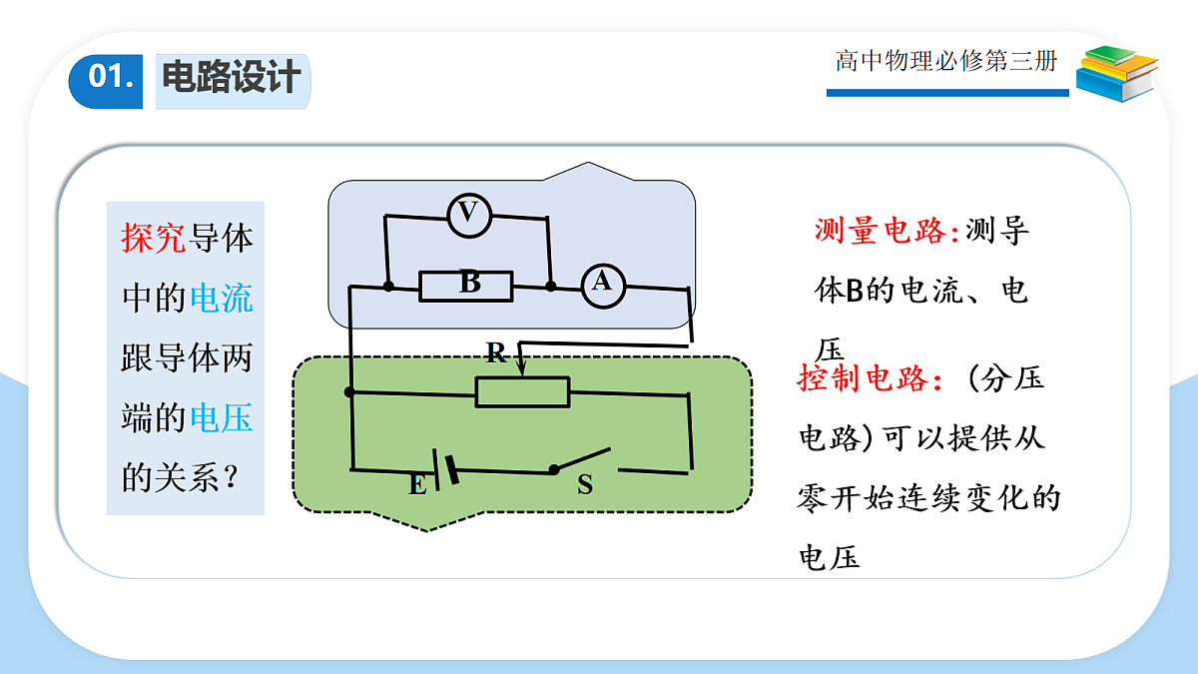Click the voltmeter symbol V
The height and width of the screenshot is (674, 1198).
pyautogui.click(x=469, y=216)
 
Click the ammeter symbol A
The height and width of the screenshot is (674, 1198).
pyautogui.click(x=603, y=287)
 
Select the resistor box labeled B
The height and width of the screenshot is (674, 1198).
pyautogui.click(x=466, y=287)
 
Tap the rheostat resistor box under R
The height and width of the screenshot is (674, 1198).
pyautogui.click(x=522, y=392)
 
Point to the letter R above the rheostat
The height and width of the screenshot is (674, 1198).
pyautogui.click(x=496, y=353)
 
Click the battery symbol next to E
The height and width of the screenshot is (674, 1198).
pyautogui.click(x=445, y=469)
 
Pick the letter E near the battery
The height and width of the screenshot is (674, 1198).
pyautogui.click(x=417, y=485)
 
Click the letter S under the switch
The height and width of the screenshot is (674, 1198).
pyautogui.click(x=585, y=484)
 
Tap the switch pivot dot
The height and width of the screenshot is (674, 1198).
pyautogui.click(x=554, y=470)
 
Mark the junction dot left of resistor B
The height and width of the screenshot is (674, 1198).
pyautogui.click(x=388, y=287)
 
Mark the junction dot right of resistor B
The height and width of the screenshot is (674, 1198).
pyautogui.click(x=551, y=287)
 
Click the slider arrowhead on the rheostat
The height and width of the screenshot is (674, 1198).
pyautogui.click(x=521, y=368)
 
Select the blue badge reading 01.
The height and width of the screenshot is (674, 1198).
pyautogui.click(x=106, y=81)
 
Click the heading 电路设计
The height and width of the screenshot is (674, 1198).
pyautogui.click(x=232, y=78)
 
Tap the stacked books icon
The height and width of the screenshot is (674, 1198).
pyautogui.click(x=1117, y=74)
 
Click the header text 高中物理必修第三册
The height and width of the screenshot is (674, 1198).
pyautogui.click(x=946, y=61)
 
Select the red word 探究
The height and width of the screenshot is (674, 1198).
pyautogui.click(x=154, y=238)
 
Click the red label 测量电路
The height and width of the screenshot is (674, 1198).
pyautogui.click(x=887, y=231)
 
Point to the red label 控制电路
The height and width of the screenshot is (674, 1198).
pyautogui.click(x=870, y=378)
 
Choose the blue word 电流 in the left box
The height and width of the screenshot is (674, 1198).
pyautogui.click(x=222, y=298)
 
